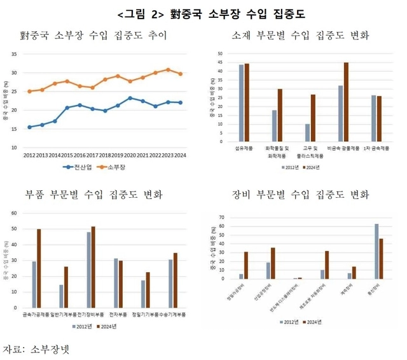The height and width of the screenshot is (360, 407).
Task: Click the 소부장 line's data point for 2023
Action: [x=168, y=70]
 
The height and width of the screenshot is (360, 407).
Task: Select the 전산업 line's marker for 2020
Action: [x=130, y=98]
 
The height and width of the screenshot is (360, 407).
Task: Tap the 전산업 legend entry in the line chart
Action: [x=79, y=167]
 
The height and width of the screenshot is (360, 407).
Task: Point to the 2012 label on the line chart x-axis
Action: [x=29, y=155]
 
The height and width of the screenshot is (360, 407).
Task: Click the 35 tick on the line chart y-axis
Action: [x=14, y=55]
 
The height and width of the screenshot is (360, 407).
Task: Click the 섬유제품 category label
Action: [x=244, y=149]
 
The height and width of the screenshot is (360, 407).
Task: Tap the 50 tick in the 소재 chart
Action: [x=220, y=53]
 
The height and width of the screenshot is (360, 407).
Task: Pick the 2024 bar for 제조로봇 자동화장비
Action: [x=328, y=265]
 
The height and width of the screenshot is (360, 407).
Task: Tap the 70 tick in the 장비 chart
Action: [x=223, y=218]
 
